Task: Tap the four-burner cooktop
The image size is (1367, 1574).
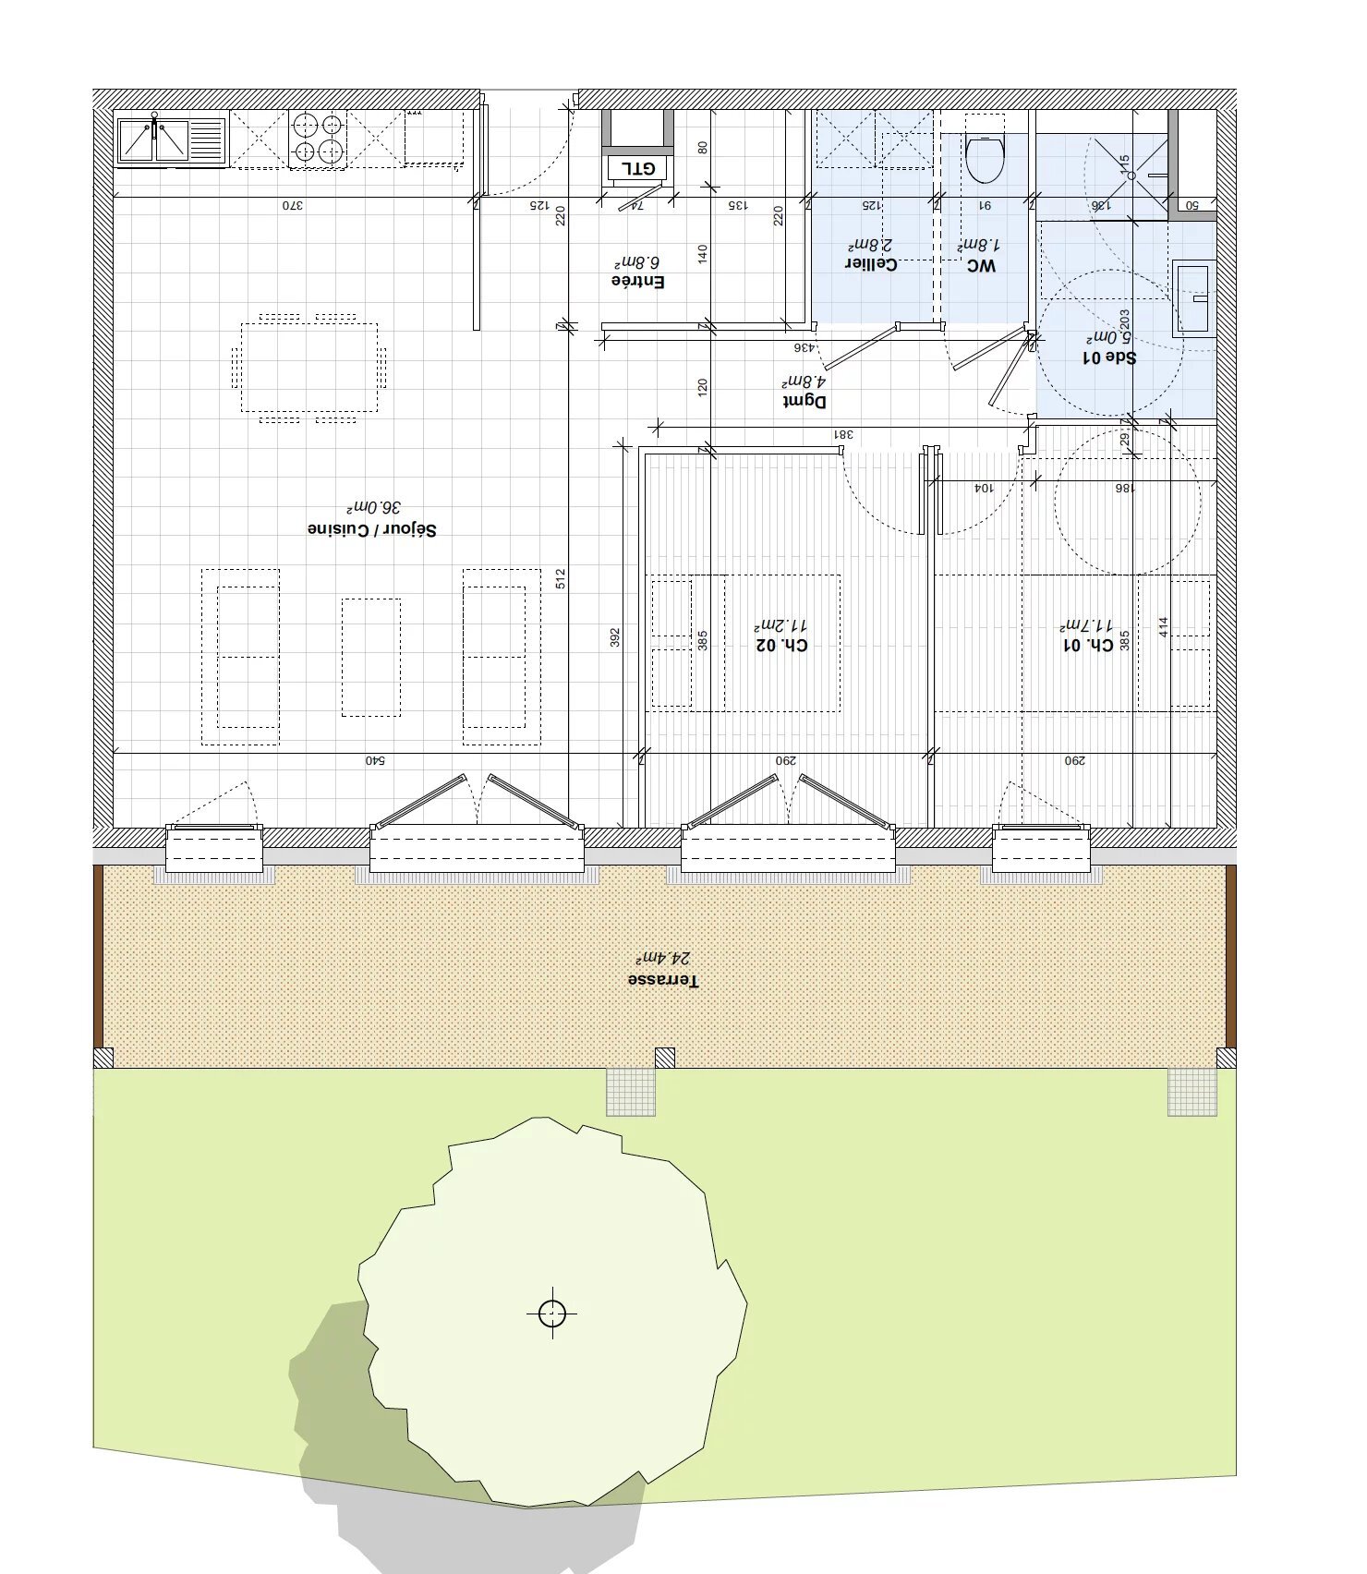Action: tap(317, 139)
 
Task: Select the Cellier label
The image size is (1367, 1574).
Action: tap(870, 264)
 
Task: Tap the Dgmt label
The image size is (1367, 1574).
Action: tap(804, 401)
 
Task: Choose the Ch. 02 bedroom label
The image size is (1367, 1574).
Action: tap(781, 645)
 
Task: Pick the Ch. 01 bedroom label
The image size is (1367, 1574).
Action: tap(1088, 645)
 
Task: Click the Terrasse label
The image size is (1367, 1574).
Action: tap(663, 980)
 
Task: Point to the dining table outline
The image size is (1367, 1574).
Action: tap(309, 368)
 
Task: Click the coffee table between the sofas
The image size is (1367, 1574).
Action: tap(371, 657)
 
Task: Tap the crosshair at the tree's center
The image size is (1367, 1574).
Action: tap(552, 1313)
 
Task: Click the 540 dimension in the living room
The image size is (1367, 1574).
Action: tap(374, 761)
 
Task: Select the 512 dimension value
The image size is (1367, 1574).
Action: tap(561, 579)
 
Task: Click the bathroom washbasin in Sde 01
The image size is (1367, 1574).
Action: tap(1193, 298)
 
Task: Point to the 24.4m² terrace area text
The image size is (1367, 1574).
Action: tap(663, 959)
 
